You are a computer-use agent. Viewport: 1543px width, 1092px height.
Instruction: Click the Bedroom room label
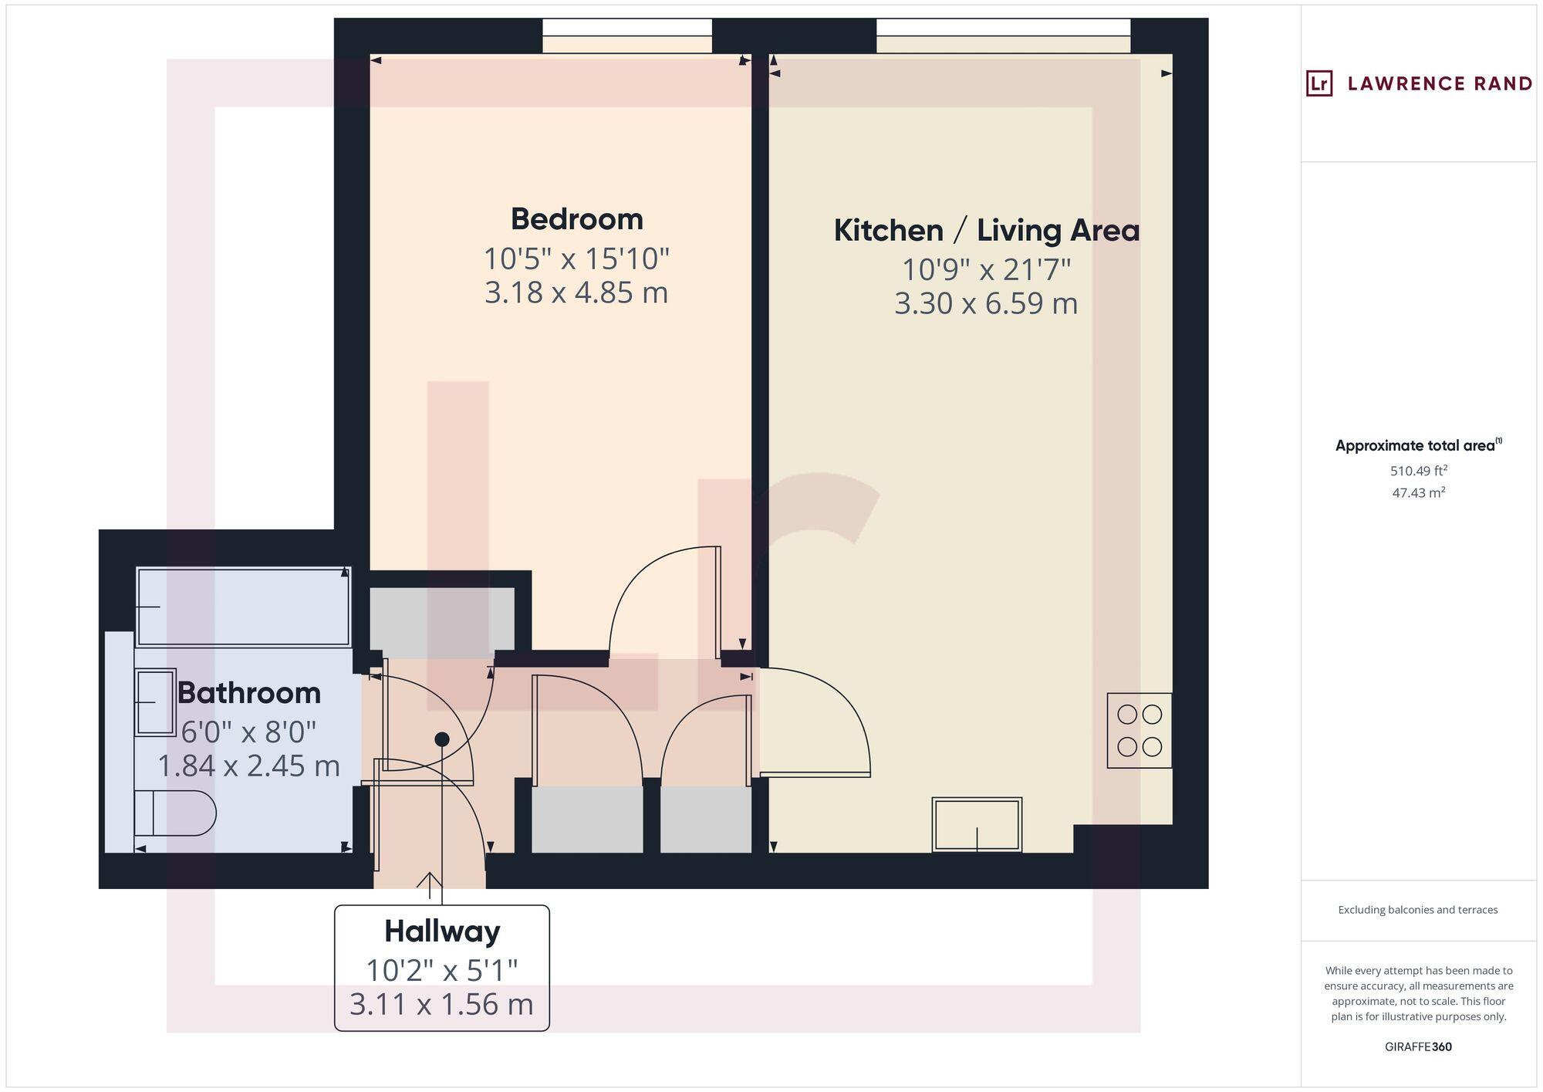coord(576,219)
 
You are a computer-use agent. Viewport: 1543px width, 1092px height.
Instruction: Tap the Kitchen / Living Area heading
coord(986,231)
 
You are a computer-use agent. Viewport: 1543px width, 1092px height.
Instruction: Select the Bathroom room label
coord(249,693)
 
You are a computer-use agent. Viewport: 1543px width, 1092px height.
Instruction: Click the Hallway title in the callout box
coord(442,931)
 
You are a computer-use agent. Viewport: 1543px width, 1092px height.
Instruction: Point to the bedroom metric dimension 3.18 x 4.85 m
coord(576,292)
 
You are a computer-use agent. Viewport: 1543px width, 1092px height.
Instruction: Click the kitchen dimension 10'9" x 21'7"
coord(986,269)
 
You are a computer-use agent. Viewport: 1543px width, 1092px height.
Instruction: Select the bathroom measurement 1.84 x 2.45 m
coord(249,766)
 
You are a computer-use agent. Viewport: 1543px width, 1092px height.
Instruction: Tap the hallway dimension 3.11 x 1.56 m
coord(442,1004)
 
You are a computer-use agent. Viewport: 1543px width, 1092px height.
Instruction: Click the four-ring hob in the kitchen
coord(1139,730)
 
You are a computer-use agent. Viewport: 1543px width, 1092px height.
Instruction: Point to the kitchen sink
coord(977,824)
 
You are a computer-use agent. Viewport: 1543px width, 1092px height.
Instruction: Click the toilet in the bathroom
coord(174,813)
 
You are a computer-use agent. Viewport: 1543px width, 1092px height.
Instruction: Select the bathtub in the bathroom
coord(243,607)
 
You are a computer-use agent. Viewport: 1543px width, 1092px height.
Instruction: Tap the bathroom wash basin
coord(155,702)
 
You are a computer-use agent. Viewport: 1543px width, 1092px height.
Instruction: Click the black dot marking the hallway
coord(442,739)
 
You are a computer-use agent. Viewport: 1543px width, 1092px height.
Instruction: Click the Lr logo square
coord(1318,83)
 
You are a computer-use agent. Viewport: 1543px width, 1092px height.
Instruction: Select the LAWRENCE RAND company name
coord(1439,83)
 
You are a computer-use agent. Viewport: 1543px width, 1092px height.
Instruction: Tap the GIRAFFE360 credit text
coord(1418,1046)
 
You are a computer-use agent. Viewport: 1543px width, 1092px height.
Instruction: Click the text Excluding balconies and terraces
coord(1418,910)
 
